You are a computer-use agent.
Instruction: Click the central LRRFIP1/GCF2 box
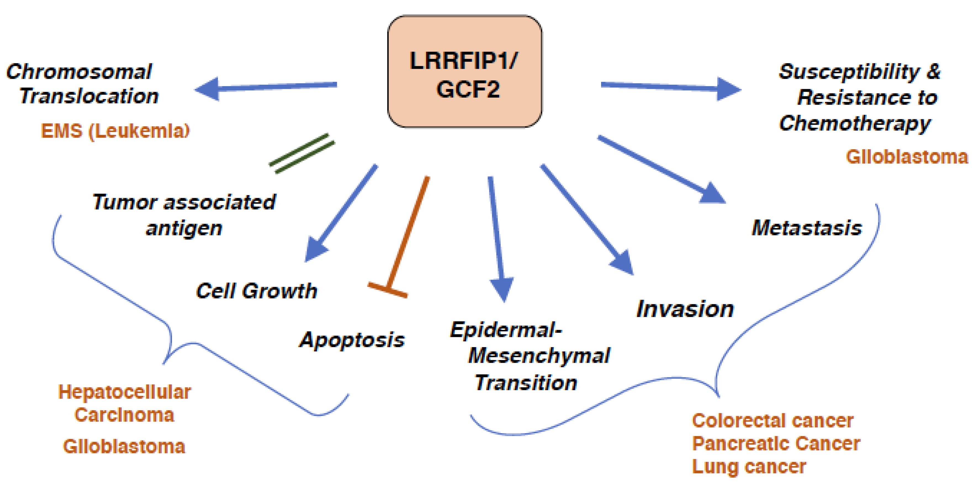(464, 72)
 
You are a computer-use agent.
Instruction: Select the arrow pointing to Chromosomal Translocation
(265, 87)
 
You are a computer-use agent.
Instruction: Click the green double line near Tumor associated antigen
(302, 154)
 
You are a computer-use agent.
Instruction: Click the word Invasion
(685, 309)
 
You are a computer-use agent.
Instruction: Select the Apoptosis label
(352, 340)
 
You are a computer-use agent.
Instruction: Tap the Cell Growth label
(256, 291)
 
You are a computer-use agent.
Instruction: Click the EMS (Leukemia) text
(115, 131)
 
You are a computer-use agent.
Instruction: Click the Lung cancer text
(749, 467)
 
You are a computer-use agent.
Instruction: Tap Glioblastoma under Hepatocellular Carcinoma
(124, 446)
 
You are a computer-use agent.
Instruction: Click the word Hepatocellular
(124, 392)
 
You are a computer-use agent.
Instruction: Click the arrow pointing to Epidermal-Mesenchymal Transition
(497, 235)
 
